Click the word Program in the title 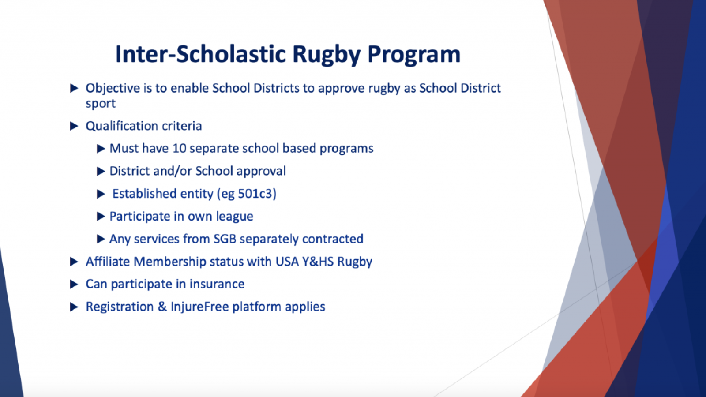point(413,55)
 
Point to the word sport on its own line point(101,104)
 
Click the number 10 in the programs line point(179,148)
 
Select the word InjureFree point(199,307)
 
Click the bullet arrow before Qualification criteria point(74,126)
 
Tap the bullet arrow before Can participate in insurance point(74,284)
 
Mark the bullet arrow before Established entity point(101,194)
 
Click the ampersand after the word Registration point(162,307)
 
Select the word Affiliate point(108,262)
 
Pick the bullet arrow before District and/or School point(101,171)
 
